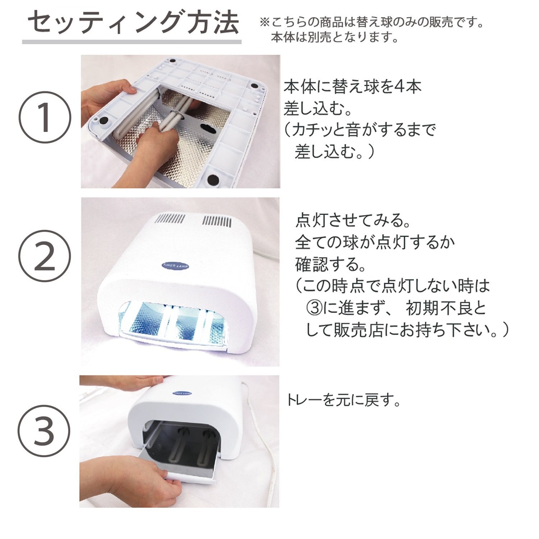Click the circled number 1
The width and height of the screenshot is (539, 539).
[45, 117]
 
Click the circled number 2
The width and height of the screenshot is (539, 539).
[45, 256]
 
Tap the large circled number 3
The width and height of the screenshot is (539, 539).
[44, 431]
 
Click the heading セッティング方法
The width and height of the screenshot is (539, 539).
[133, 22]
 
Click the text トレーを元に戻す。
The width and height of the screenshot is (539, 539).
[344, 400]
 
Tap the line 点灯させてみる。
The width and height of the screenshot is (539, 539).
[353, 220]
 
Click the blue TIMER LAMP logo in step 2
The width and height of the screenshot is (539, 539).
[175, 266]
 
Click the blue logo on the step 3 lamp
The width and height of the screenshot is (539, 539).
[182, 392]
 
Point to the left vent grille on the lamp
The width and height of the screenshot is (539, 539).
[170, 219]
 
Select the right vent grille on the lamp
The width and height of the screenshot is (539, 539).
[217, 221]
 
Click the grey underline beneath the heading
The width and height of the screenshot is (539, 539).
[132, 42]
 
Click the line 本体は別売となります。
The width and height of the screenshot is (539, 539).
[334, 37]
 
